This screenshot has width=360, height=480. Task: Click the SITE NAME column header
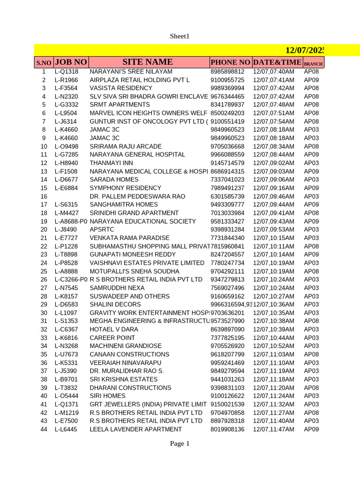click(x=148, y=62)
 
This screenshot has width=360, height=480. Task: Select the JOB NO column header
click(x=71, y=62)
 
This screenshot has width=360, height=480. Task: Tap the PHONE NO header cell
click(x=230, y=62)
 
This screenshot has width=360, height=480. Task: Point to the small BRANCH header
click(x=313, y=64)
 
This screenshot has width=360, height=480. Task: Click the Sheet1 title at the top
click(x=180, y=36)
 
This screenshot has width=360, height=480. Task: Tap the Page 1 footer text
click(x=180, y=443)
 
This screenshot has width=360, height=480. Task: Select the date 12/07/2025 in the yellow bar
click(x=305, y=50)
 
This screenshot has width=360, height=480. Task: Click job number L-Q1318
click(x=66, y=72)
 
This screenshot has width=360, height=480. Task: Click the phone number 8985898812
click(x=227, y=72)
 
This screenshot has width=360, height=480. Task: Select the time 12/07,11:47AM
click(x=273, y=429)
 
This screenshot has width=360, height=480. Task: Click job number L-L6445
click(x=66, y=429)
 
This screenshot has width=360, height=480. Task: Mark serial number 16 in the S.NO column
click(x=44, y=196)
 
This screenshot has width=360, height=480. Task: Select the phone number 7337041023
click(x=227, y=180)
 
